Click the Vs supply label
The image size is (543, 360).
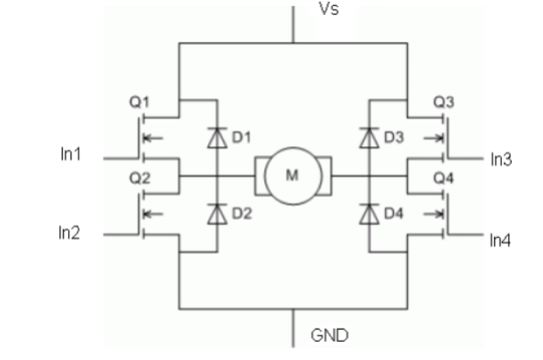click(327, 11)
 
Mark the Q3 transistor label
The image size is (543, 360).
click(444, 101)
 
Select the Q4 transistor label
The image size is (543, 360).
click(444, 176)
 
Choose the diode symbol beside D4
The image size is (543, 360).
click(370, 212)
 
